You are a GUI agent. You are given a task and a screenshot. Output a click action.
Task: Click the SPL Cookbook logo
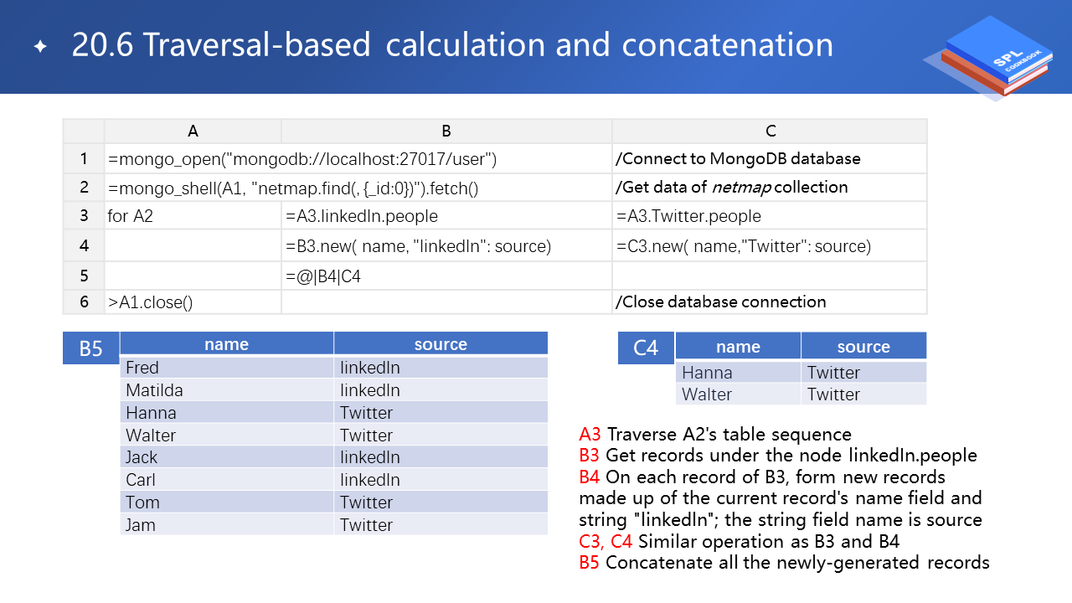pyautogui.click(x=992, y=57)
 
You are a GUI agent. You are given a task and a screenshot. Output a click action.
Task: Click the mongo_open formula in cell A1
pyautogui.click(x=302, y=159)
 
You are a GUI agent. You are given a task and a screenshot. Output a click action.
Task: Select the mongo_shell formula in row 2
pyautogui.click(x=292, y=188)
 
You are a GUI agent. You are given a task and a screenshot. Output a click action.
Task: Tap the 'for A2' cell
pyautogui.click(x=130, y=216)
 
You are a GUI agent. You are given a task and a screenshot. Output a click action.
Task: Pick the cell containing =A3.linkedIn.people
pyautogui.click(x=362, y=216)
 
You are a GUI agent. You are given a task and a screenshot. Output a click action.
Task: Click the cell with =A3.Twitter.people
pyautogui.click(x=688, y=216)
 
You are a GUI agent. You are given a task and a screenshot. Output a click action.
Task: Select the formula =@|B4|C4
pyautogui.click(x=323, y=276)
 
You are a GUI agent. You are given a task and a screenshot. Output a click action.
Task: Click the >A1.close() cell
pyautogui.click(x=150, y=302)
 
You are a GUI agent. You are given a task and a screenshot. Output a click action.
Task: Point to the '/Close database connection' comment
pyautogui.click(x=720, y=301)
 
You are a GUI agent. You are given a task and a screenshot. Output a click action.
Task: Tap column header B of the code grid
pyautogui.click(x=446, y=131)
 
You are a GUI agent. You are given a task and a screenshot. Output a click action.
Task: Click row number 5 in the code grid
pyautogui.click(x=84, y=276)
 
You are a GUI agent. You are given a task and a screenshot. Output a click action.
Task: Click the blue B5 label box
pyautogui.click(x=90, y=348)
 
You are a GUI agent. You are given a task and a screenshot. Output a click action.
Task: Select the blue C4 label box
pyautogui.click(x=646, y=348)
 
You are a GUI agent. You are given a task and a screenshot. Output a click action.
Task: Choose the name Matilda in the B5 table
pyautogui.click(x=154, y=390)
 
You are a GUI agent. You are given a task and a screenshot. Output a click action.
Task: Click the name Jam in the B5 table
pyautogui.click(x=141, y=525)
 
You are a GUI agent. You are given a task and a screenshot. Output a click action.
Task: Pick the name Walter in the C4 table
pyautogui.click(x=707, y=394)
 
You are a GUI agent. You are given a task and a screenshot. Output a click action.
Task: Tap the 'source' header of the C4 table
pyautogui.click(x=863, y=347)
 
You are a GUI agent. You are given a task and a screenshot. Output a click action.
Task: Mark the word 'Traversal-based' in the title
pyautogui.click(x=256, y=45)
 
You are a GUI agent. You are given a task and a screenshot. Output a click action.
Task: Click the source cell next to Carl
pyautogui.click(x=370, y=480)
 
